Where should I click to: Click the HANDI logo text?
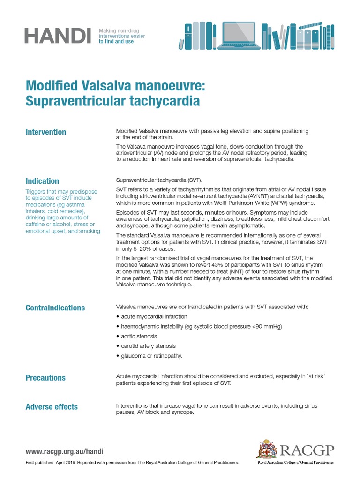click(x=58, y=35)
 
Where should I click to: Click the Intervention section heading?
click(x=45, y=132)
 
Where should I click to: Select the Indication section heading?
click(x=42, y=181)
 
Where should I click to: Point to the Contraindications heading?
click(x=55, y=308)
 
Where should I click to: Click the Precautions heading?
click(x=45, y=378)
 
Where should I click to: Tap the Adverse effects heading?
click(x=52, y=407)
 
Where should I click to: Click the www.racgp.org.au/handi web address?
click(x=64, y=452)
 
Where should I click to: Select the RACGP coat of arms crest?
click(x=266, y=450)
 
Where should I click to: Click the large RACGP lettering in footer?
click(x=307, y=450)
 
